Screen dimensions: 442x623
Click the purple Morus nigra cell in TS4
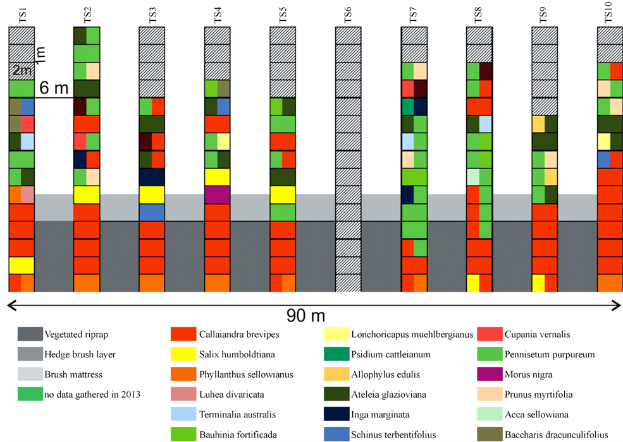point(217,194)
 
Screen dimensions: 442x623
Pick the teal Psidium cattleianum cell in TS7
point(408,106)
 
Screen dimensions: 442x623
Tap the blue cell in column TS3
point(152,212)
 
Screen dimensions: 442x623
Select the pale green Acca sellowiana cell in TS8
point(472,177)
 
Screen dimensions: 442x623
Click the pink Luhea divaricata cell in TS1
point(28,194)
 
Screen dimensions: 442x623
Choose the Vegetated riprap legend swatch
point(30,334)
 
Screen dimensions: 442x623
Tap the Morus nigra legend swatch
point(490,374)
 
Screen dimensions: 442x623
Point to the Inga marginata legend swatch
point(337,414)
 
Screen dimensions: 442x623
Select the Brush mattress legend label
point(73,374)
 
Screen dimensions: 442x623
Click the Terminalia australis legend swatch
point(184,414)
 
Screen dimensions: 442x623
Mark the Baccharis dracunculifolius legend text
point(556,434)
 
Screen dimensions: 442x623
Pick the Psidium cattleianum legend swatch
point(337,354)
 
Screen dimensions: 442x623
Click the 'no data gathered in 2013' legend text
point(92,395)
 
